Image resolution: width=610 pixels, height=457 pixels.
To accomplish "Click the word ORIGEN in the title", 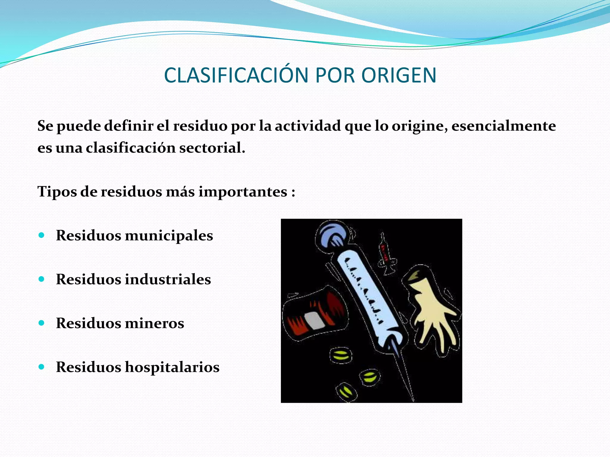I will [x=399, y=75].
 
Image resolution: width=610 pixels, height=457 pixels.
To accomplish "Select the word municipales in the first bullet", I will [x=169, y=236].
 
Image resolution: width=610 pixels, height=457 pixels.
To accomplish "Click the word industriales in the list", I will [x=167, y=279].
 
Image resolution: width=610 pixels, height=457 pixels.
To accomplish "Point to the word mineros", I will [x=154, y=323].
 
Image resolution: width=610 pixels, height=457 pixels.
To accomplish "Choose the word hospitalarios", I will [x=172, y=367].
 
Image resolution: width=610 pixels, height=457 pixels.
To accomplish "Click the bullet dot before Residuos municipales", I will [x=42, y=235].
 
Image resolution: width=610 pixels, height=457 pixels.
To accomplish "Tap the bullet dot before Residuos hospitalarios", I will [x=42, y=367].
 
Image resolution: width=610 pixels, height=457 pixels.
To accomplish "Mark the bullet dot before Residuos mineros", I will [x=42, y=323].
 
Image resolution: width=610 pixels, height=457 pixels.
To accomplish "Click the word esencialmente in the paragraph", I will [x=503, y=126].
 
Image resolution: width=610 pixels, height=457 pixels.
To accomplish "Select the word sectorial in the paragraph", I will [x=212, y=148].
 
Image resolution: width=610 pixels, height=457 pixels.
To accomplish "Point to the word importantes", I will [x=243, y=191].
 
